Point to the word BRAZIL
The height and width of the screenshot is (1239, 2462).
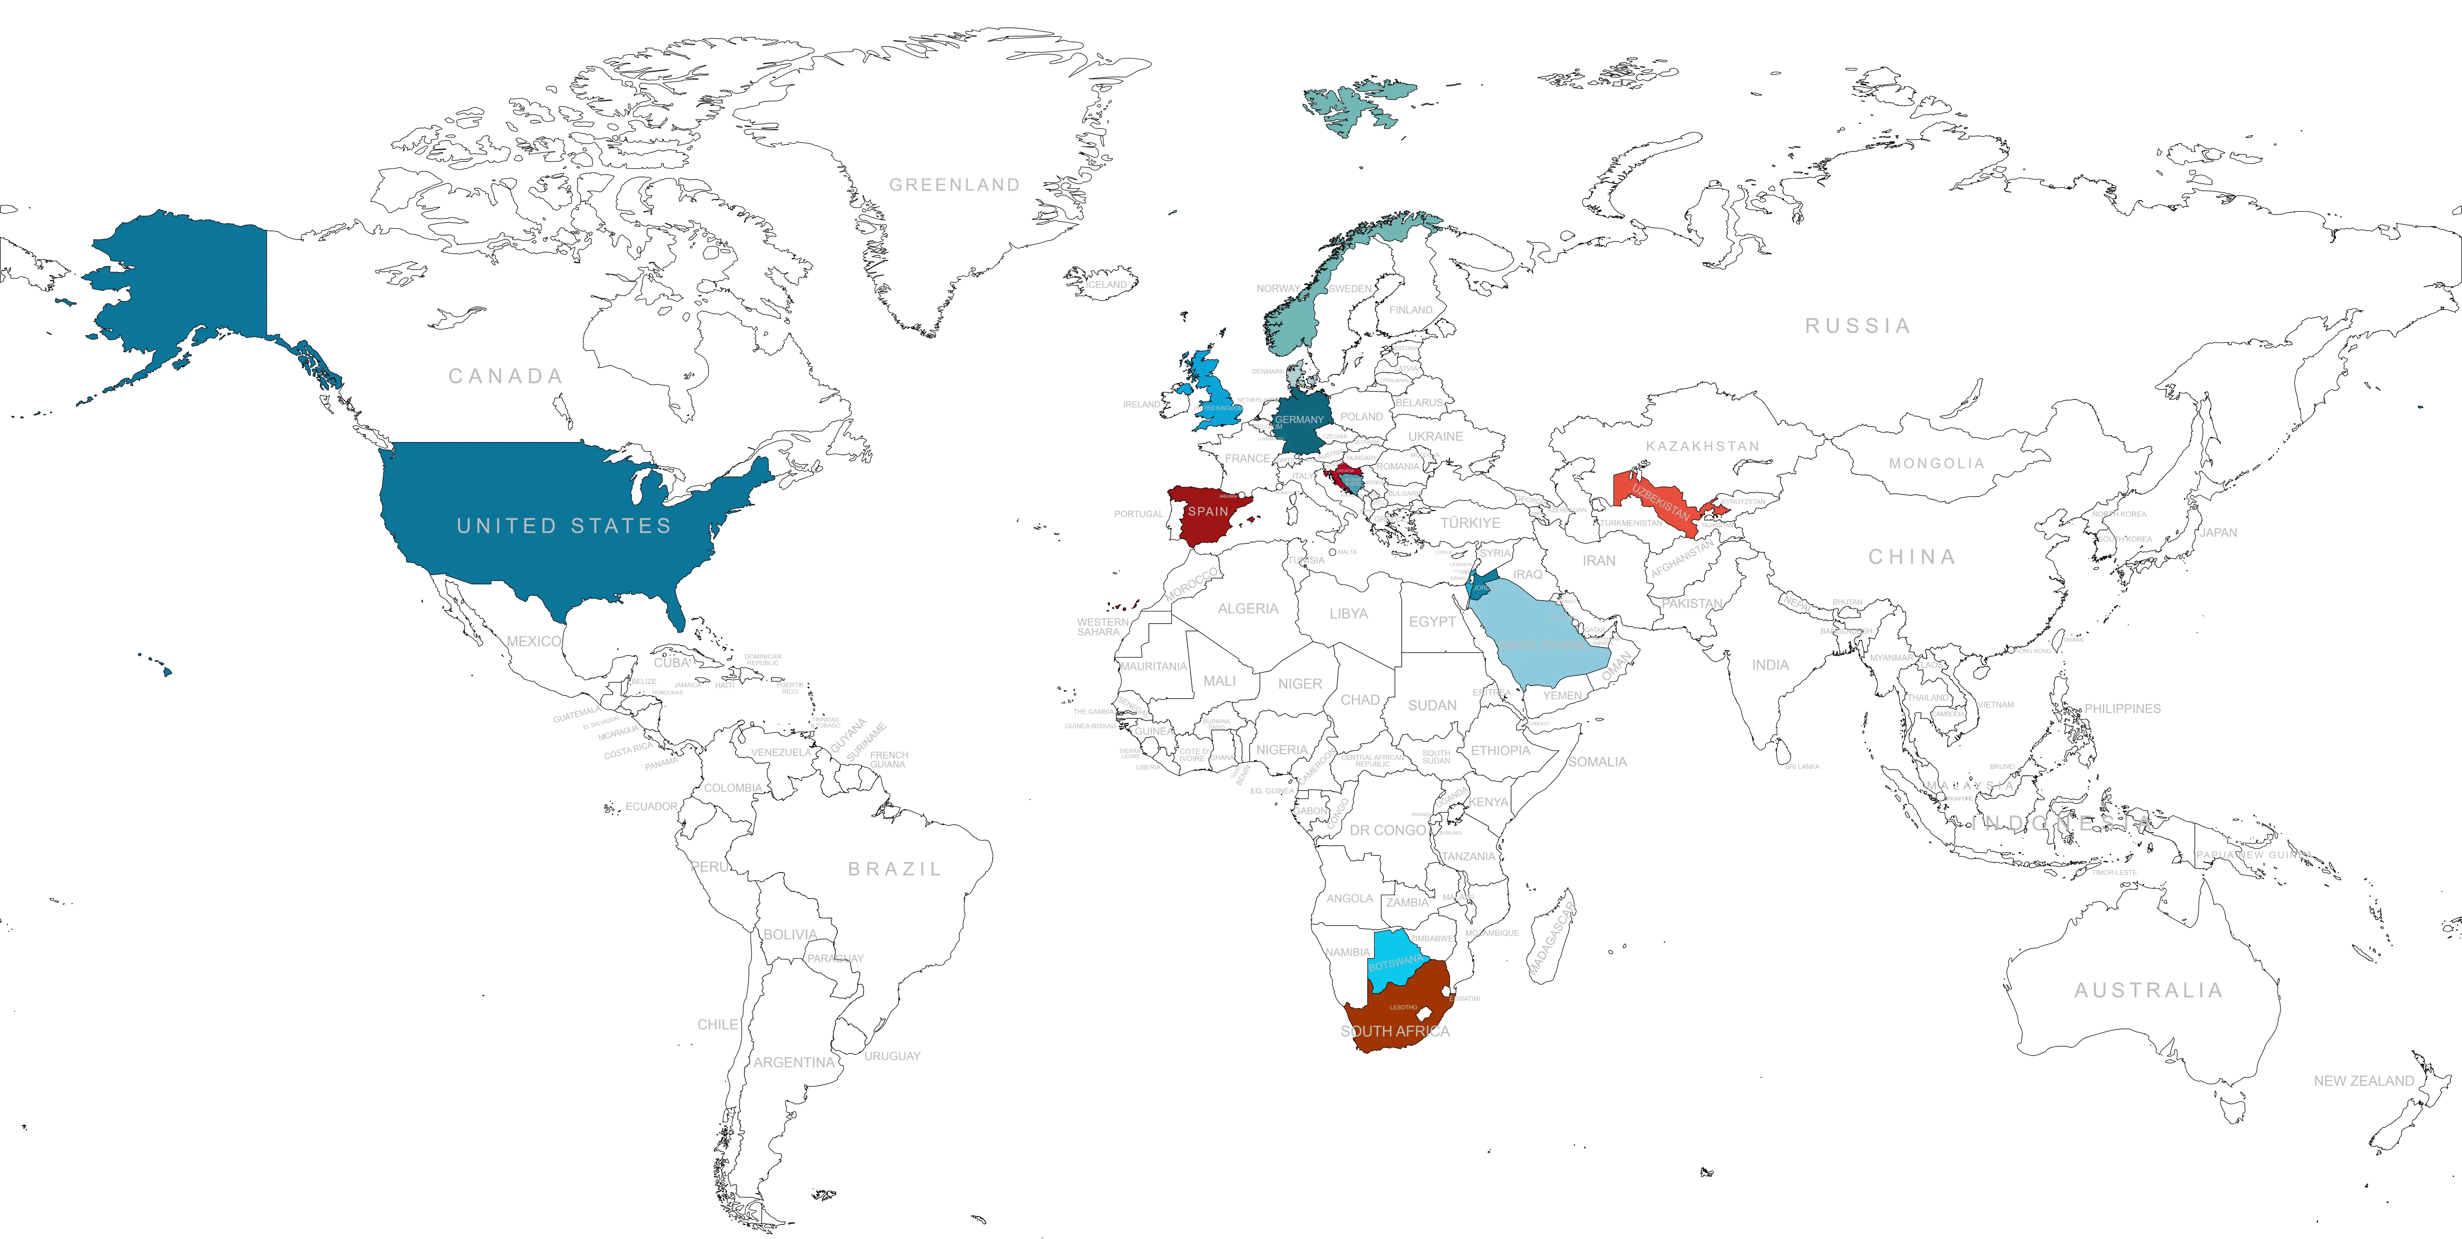(x=894, y=869)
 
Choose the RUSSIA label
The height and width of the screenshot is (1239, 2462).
(x=1857, y=326)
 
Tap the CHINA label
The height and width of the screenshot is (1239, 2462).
(x=1912, y=556)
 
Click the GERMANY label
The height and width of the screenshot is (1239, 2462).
(x=1299, y=420)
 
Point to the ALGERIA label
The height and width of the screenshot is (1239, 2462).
(x=1247, y=608)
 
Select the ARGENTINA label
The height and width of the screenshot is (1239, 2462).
(x=793, y=1062)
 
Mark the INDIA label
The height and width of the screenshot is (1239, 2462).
(x=1770, y=664)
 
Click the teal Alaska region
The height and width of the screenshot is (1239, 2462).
(x=191, y=277)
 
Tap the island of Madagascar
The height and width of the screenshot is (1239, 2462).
(x=1550, y=942)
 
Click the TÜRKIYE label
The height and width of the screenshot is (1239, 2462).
(x=1470, y=523)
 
